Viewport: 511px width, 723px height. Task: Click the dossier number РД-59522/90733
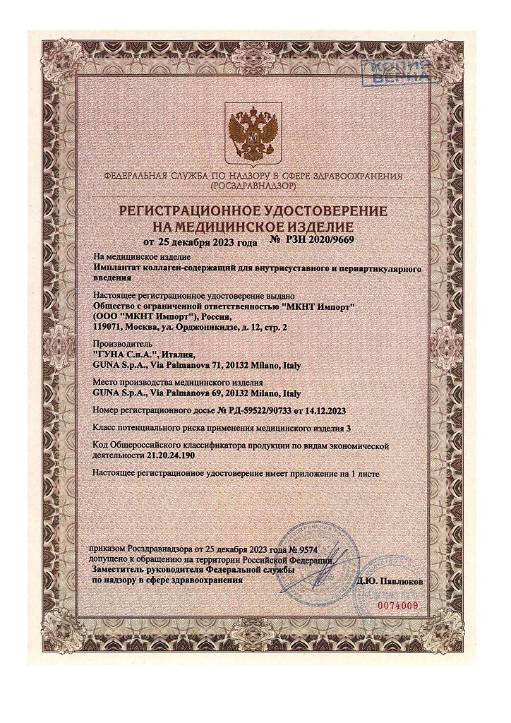pos(248,410)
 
